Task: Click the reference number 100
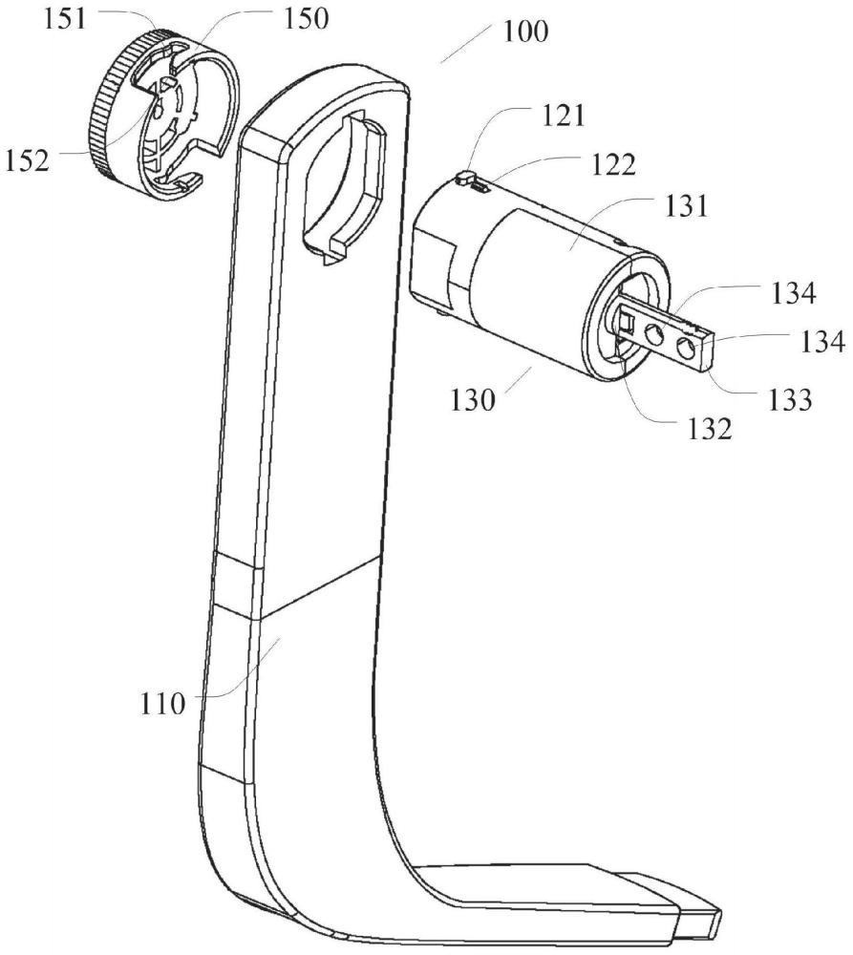[524, 32]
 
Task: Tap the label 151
[65, 19]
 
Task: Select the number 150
[306, 19]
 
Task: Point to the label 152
[27, 160]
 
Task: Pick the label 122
[613, 164]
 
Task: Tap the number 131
[687, 206]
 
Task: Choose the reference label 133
[790, 400]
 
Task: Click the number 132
[709, 430]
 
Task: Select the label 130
[473, 400]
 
